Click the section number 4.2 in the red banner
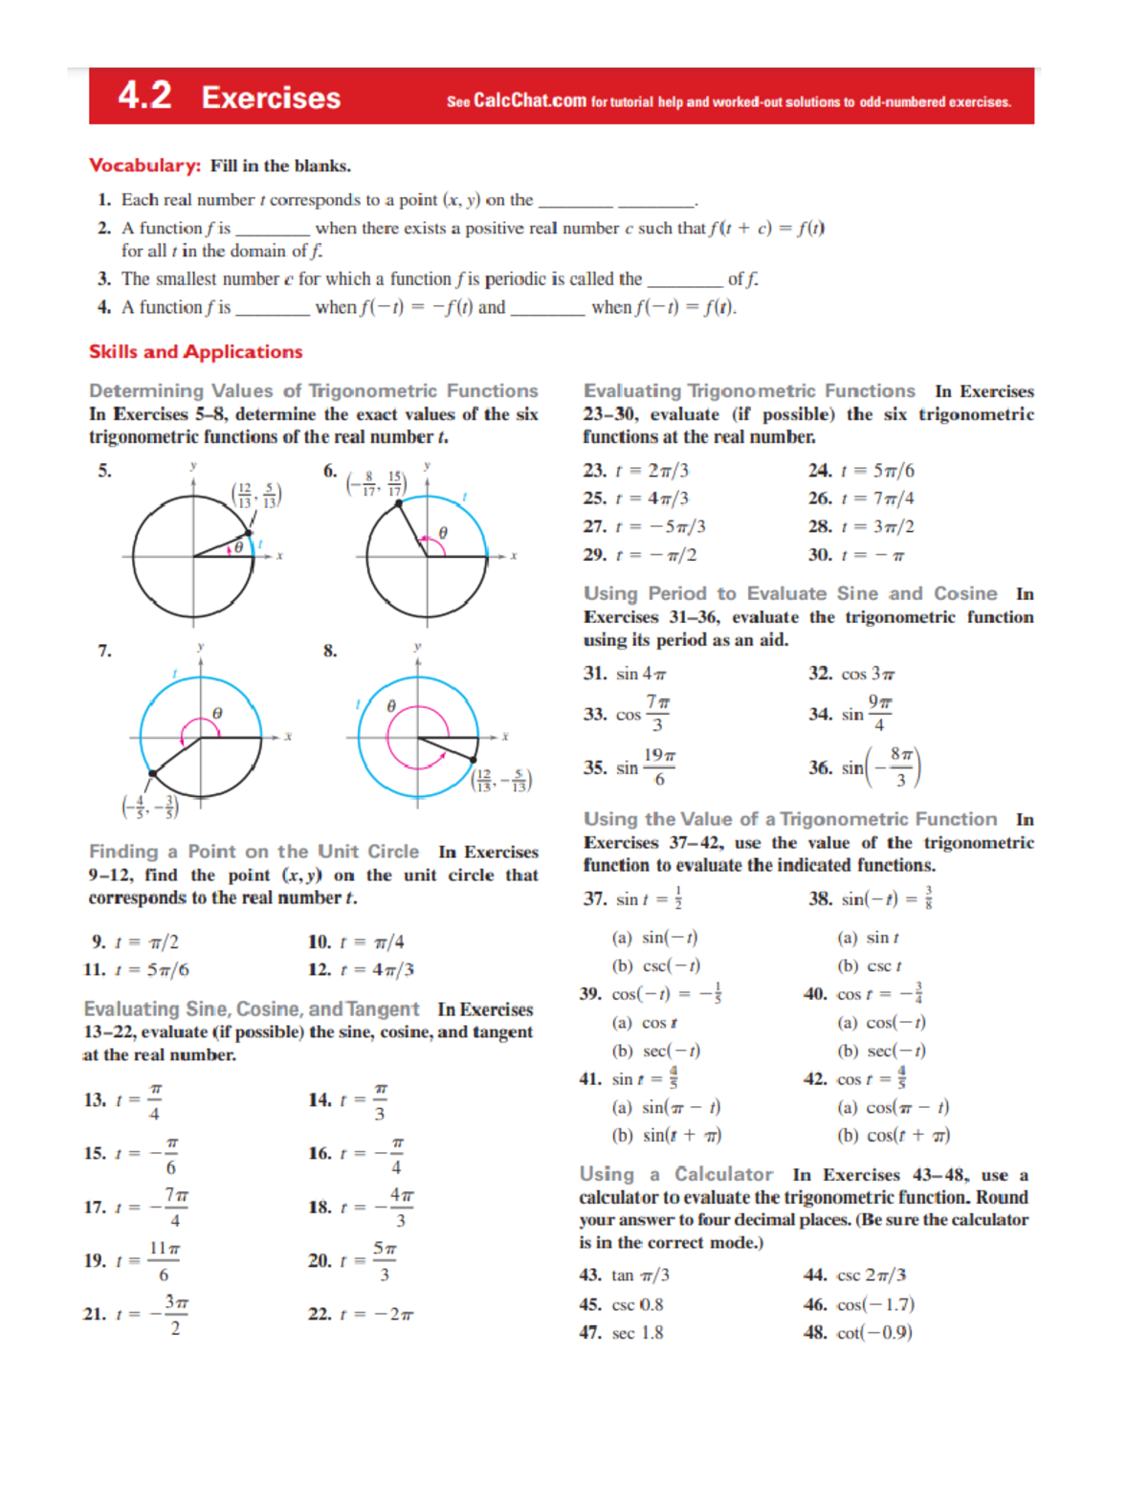click(144, 96)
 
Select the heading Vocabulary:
click(144, 166)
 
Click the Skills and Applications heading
click(195, 352)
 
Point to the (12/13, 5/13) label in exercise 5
click(256, 495)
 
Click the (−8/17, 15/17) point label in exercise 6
click(377, 483)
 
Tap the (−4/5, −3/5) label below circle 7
click(149, 807)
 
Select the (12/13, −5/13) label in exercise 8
click(501, 780)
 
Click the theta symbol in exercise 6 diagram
click(443, 532)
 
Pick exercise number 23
click(594, 471)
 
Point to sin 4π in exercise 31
click(640, 674)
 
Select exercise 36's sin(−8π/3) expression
click(880, 767)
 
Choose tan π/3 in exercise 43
click(640, 1275)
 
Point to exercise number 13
click(95, 1100)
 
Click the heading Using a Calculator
click(675, 1174)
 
